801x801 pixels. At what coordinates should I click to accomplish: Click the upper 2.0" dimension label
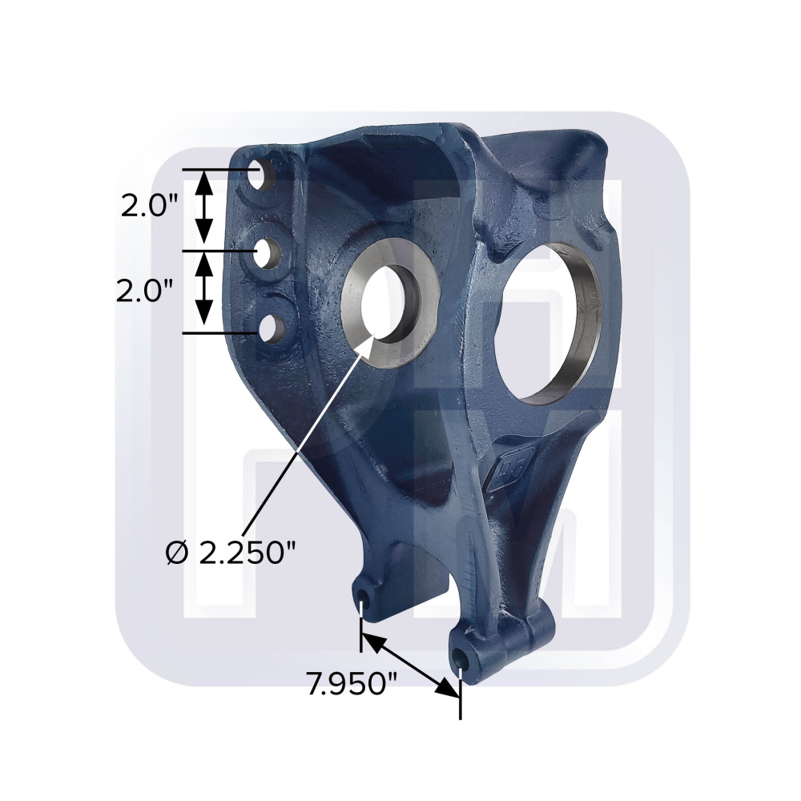coord(149,207)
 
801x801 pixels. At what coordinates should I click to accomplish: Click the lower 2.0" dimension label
coord(145,290)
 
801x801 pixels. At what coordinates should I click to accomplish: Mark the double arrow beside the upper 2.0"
coord(205,207)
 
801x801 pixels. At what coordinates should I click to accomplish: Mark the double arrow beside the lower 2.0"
coord(205,288)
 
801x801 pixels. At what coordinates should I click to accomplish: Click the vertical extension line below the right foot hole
coord(460,697)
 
